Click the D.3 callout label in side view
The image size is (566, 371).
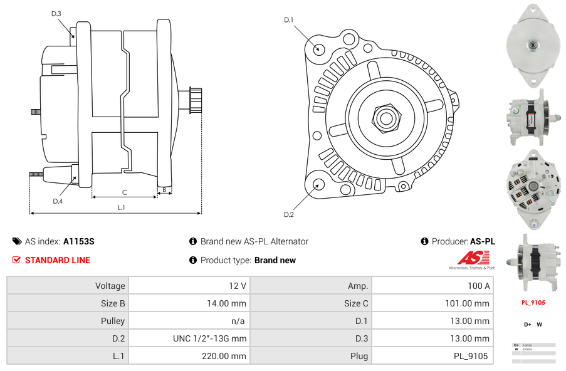56,13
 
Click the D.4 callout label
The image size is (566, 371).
58,201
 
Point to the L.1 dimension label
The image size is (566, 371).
122,207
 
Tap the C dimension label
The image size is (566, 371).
124,192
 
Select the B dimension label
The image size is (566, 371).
164,189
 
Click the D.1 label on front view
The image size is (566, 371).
288,20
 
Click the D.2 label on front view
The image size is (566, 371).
288,214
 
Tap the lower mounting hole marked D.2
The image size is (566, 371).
318,184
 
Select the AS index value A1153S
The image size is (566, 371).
78,241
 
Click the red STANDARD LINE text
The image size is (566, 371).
58,260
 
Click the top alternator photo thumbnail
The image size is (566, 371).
532,44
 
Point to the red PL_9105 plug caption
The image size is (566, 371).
533,303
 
